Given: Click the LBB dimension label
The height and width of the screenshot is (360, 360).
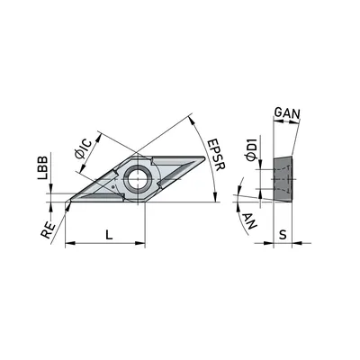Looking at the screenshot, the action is click(42, 167).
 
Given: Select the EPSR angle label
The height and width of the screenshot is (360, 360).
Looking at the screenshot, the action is click(217, 155).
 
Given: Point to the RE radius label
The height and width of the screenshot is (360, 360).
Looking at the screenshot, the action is click(49, 230).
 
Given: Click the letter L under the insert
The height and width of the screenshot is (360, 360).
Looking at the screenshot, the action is click(109, 234).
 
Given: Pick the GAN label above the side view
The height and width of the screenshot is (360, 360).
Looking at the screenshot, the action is click(287, 113).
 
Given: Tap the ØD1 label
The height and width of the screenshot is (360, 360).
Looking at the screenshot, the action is click(251, 148).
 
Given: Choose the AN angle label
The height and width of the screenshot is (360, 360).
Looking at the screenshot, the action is click(249, 221).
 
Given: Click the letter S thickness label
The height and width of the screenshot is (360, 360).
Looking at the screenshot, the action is click(283, 235).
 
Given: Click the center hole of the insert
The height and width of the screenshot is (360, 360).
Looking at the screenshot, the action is click(137, 179).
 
